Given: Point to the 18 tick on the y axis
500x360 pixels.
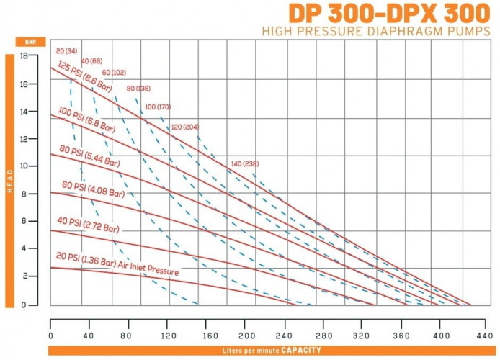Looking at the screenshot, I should click(24, 55).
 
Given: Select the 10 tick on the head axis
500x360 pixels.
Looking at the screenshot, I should click(24, 166).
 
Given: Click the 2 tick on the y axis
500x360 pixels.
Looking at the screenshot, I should click(24, 276).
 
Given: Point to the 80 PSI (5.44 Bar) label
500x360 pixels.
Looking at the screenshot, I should click(89, 157).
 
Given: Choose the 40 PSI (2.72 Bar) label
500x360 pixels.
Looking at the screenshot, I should click(88, 225).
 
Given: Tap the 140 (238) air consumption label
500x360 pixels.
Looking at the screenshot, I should click(246, 164).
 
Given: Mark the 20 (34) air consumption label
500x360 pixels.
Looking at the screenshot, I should click(66, 51).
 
